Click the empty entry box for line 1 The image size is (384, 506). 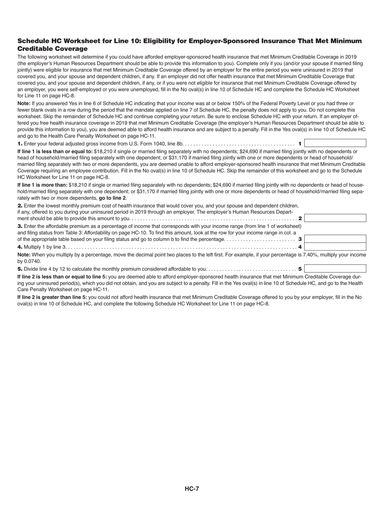(335, 143)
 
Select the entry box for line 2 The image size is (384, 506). (335, 218)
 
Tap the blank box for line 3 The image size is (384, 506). (335, 239)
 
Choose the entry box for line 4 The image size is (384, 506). (335, 247)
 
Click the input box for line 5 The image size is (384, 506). (335, 269)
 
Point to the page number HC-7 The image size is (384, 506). (192, 489)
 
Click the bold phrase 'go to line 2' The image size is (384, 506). (112, 198)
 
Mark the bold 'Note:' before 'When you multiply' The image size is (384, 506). (24, 255)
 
